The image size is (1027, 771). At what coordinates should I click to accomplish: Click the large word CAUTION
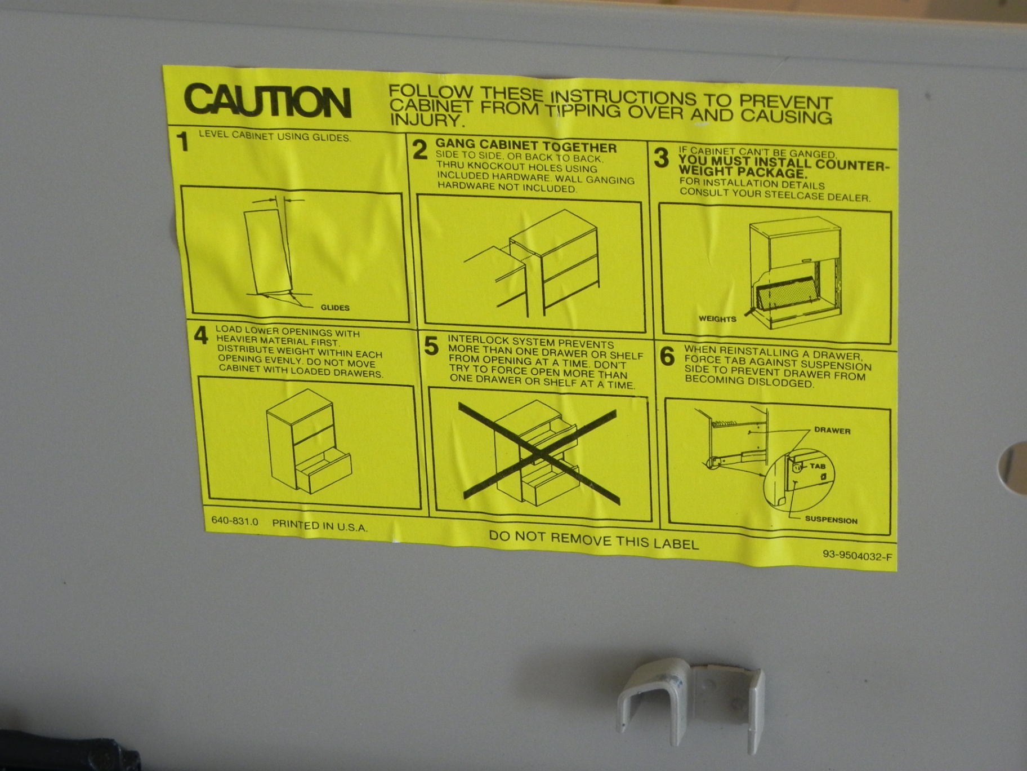point(268,101)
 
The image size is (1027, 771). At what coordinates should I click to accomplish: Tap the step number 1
point(182,141)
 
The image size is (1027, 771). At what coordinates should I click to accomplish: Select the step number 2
point(420,150)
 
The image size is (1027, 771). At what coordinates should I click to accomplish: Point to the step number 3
point(662,158)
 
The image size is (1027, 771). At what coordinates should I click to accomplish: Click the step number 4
point(201,335)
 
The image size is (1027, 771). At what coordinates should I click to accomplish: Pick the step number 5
point(431,346)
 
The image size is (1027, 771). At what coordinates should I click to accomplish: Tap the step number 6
point(667,356)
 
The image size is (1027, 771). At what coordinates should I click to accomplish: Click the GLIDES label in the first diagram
point(335,308)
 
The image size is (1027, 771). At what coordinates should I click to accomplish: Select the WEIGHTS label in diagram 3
point(717,319)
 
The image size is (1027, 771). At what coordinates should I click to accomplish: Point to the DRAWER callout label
point(832,431)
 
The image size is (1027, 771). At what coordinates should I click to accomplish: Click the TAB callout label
point(818,466)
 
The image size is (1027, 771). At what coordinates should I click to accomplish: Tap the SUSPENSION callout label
point(831,520)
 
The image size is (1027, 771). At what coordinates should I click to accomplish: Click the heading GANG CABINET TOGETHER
point(526,147)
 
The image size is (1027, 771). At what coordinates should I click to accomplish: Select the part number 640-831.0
point(235,521)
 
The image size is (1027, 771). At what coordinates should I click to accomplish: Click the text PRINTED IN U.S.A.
point(320,526)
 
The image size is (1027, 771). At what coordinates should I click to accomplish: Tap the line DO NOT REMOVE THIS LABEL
point(593,540)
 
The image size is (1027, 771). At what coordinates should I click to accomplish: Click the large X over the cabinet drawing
point(539,453)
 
